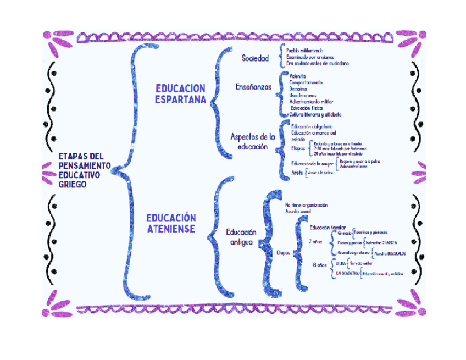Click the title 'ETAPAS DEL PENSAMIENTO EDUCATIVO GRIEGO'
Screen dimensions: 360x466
coord(85,170)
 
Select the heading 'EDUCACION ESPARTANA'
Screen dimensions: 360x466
coord(180,94)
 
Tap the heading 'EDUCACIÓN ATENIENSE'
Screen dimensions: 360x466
coord(171,223)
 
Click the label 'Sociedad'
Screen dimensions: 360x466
coord(255,58)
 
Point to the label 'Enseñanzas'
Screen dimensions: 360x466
coord(253,86)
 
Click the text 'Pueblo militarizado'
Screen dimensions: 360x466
coord(305,51)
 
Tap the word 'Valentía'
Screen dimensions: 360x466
coord(298,75)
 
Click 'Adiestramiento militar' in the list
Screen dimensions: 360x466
coord(311,102)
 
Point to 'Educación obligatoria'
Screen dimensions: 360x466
coord(312,127)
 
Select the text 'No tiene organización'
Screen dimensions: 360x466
coord(306,204)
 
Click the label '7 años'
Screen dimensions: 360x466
coord(317,241)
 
